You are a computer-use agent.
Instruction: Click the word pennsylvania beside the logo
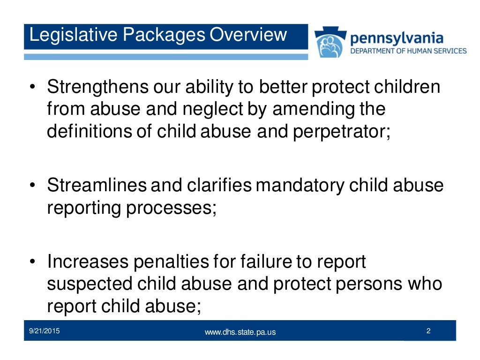(397, 38)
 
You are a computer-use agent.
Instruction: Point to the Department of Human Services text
(408, 51)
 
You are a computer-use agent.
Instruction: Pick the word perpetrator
(342, 131)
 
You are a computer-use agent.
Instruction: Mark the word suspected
(89, 284)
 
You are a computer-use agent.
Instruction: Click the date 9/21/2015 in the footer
(45, 331)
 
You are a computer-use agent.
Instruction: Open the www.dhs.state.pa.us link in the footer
(240, 332)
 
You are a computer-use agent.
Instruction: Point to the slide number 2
(428, 331)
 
